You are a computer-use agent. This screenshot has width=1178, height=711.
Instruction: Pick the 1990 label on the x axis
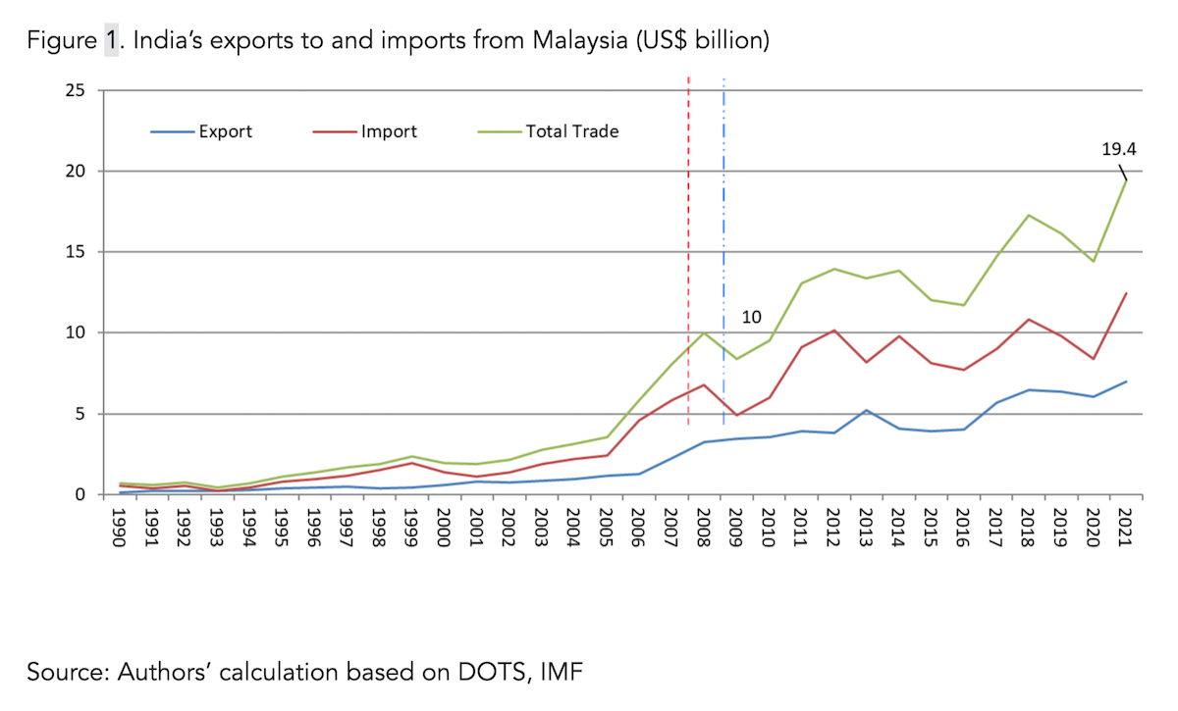point(120,530)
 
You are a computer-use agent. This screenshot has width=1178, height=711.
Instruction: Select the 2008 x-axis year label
point(703,530)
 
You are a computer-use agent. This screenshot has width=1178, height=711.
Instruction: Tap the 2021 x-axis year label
point(1125,530)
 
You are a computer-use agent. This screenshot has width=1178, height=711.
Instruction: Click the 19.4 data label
point(1119,149)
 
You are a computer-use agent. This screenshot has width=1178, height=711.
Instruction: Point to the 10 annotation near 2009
point(751,318)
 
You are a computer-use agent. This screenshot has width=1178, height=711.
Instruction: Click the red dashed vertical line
point(688,245)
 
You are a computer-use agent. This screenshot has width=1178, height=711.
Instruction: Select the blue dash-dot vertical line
point(723,245)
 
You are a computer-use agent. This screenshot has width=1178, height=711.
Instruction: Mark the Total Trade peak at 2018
point(1028,215)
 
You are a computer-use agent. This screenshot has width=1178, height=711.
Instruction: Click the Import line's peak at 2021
point(1125,293)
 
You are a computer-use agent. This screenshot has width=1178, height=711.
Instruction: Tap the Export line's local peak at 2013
point(865,410)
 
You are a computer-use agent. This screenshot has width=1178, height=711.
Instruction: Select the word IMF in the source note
point(565,673)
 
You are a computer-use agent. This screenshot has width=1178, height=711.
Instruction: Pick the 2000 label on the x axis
point(444,530)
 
